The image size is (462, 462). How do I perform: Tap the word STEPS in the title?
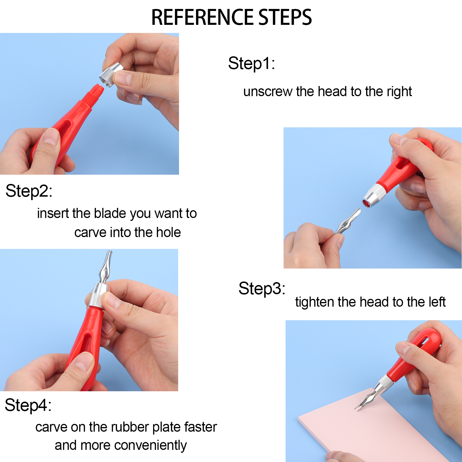point(285,17)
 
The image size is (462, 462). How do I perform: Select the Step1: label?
point(252,64)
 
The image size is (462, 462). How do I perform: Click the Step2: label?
point(29,191)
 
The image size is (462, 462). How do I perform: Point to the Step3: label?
point(262,288)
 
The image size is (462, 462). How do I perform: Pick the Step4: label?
point(28,405)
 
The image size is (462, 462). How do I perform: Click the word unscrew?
point(268,92)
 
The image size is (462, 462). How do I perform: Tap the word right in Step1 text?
point(399,92)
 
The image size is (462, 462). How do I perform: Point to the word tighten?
point(314,302)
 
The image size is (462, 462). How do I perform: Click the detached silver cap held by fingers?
point(111,74)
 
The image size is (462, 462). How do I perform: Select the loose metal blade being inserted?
point(348,221)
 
